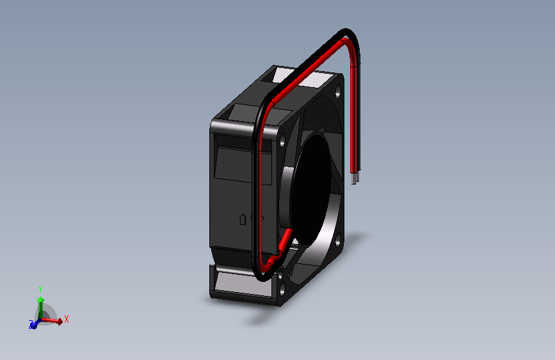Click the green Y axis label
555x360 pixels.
40,289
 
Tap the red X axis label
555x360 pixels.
66,318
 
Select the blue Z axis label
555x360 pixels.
29,324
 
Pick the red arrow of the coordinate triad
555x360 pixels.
56,321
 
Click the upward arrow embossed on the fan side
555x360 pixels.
242,218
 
